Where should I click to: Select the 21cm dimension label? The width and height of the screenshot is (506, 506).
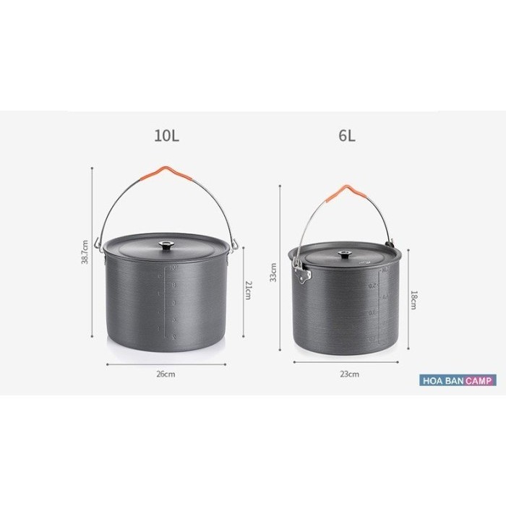(249, 291)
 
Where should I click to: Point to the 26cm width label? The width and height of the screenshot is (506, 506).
(166, 374)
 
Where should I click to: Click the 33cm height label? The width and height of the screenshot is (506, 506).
(273, 272)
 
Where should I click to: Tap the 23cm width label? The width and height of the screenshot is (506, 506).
(349, 374)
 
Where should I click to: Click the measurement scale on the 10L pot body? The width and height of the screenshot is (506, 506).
(171, 304)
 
